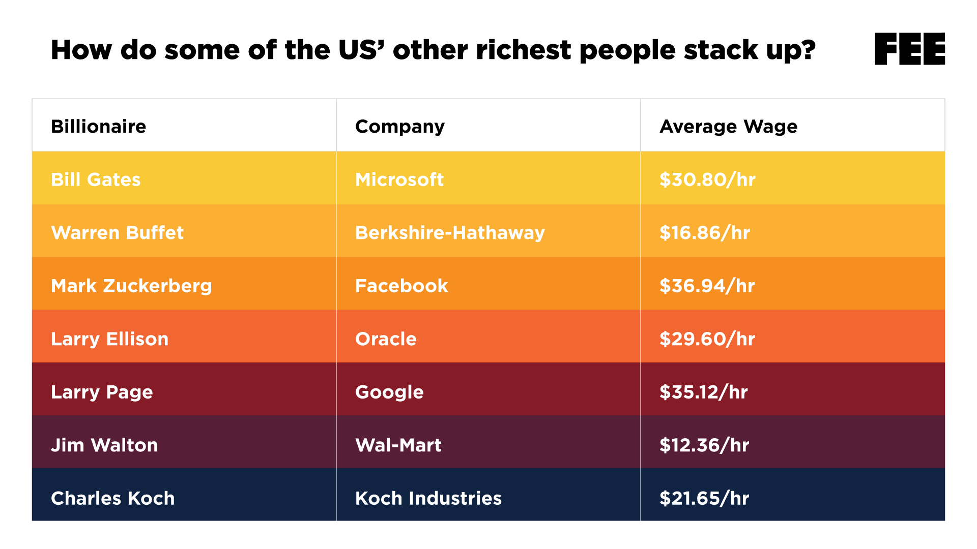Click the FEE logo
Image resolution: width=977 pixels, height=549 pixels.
(x=909, y=49)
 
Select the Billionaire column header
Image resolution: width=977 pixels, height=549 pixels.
(x=98, y=126)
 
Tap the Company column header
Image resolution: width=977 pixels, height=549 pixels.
(x=399, y=126)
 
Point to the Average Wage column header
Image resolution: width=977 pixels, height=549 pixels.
(x=728, y=126)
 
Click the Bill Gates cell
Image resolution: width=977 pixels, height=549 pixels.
(x=96, y=179)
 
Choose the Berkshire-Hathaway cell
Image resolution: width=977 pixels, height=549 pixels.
(x=450, y=232)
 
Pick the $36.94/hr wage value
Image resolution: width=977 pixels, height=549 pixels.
(x=707, y=286)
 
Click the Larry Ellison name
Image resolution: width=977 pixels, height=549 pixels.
(x=109, y=339)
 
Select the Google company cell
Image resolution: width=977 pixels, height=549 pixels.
(x=389, y=392)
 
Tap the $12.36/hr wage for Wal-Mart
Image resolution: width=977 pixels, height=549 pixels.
(x=704, y=445)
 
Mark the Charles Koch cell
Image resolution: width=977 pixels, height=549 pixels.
(x=112, y=498)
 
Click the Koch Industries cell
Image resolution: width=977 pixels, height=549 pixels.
(x=428, y=498)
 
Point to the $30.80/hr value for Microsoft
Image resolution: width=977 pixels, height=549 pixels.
(x=707, y=179)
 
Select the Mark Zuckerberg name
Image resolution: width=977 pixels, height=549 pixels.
(x=131, y=286)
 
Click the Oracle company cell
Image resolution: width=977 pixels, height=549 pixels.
(x=386, y=339)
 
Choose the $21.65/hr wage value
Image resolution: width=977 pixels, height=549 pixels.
(x=704, y=498)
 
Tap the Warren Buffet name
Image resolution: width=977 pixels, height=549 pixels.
(x=117, y=232)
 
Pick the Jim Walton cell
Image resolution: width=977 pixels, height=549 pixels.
(x=104, y=445)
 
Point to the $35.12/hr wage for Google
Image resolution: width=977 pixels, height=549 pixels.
(x=703, y=392)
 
